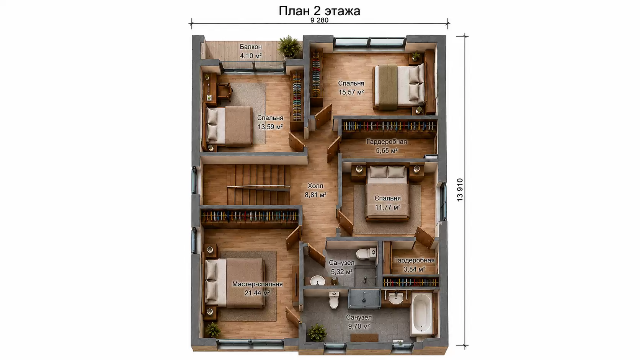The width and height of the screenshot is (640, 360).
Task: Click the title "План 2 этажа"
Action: coord(320,11)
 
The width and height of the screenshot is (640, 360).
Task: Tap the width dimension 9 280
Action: coord(320,20)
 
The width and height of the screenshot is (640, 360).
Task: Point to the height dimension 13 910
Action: coord(460,190)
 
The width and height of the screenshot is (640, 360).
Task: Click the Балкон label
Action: coord(251,47)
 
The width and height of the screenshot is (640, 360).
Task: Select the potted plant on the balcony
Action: coord(289,46)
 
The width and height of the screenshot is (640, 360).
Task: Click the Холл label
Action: coord(315,186)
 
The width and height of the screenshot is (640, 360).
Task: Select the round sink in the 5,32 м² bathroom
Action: coord(317,280)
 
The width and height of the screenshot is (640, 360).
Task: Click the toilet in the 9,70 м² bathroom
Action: coord(334,300)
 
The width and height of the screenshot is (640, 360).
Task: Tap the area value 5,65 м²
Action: coord(387,150)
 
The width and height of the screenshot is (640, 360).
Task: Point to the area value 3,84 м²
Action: coord(414,269)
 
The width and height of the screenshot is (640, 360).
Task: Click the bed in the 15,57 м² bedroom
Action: coord(399,87)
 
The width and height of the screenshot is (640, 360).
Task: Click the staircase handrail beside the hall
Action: coord(259,187)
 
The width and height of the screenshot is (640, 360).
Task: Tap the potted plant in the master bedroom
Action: coord(213,330)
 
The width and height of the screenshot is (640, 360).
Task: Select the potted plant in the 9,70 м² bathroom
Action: coord(317,332)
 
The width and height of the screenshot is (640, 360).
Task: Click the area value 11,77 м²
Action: coord(387,207)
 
